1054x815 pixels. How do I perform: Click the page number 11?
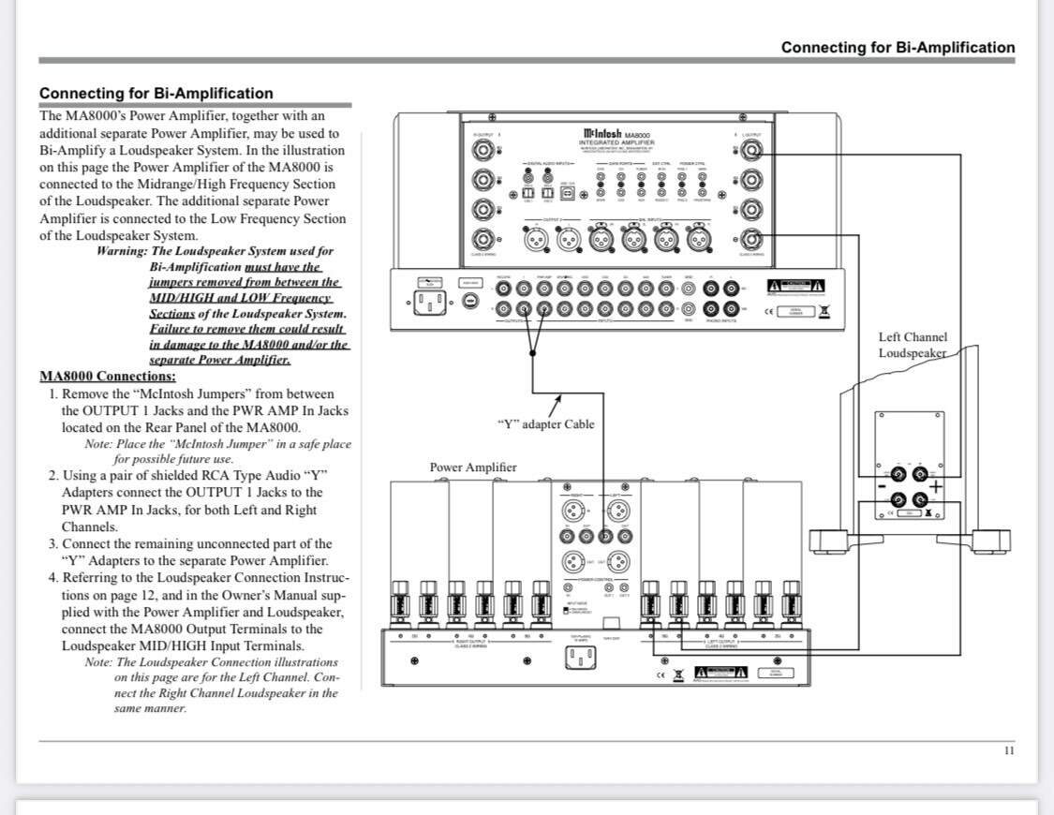[1009, 750]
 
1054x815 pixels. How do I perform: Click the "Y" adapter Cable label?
[545, 423]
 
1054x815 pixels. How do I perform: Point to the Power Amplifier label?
[472, 467]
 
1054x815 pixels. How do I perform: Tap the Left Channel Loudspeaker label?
[912, 345]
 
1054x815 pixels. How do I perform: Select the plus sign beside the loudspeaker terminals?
[935, 485]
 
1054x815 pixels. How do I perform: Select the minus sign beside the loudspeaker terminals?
[881, 486]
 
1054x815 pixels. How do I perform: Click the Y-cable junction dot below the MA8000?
[532, 353]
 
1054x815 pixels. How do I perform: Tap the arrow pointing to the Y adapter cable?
[556, 406]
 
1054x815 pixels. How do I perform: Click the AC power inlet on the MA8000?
[429, 302]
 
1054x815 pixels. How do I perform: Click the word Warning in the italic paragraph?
[121, 251]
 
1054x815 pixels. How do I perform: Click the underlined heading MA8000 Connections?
[107, 377]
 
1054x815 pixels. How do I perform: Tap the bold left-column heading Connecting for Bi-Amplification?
[156, 93]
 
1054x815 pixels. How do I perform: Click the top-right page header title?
[897, 47]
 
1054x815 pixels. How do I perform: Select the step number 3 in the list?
[53, 543]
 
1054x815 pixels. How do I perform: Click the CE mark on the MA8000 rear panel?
[769, 311]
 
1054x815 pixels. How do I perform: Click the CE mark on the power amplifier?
[661, 673]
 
